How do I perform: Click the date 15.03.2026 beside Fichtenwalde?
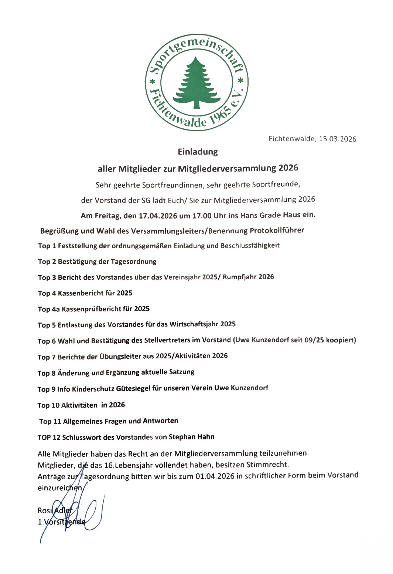[338, 139]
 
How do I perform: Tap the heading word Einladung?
[198, 152]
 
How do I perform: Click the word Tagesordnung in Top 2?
[133, 261]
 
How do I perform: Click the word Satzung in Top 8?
[181, 372]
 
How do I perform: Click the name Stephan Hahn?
[191, 437]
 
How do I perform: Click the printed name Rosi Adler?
[55, 510]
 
